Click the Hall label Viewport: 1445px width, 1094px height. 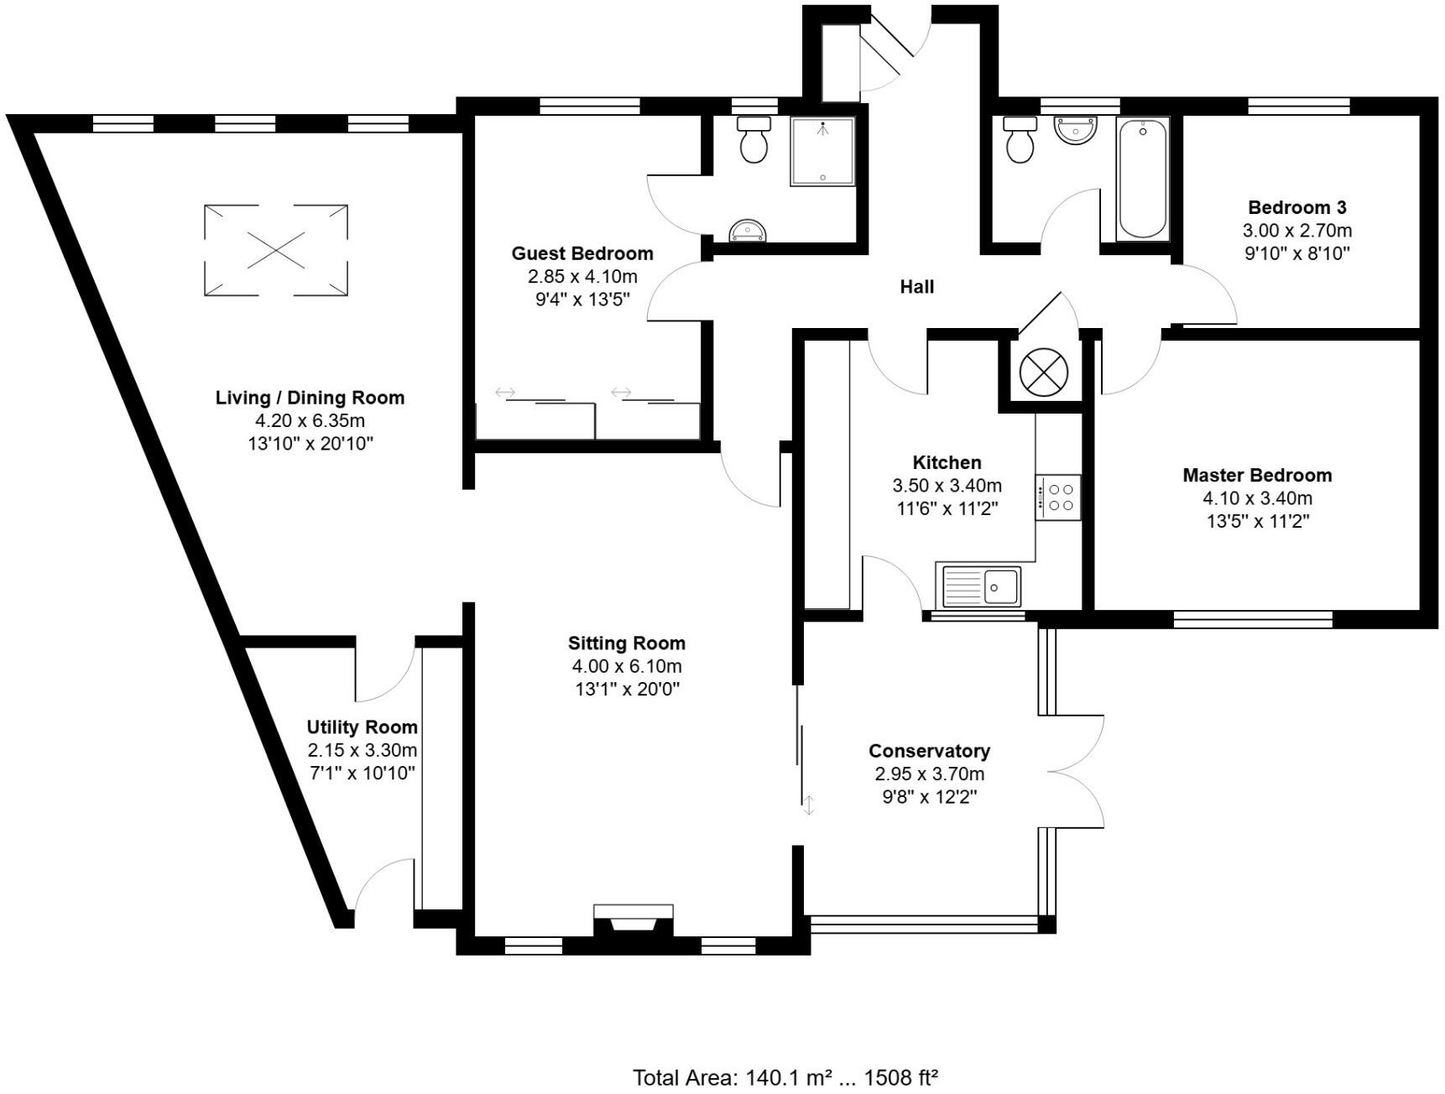(916, 287)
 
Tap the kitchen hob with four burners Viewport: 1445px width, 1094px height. (1058, 497)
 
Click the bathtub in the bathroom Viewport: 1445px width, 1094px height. (1142, 179)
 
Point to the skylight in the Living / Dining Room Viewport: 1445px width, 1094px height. (276, 249)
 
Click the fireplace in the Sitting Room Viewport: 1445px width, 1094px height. (633, 921)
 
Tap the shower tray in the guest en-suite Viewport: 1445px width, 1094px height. (822, 152)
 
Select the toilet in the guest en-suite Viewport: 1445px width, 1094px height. (754, 139)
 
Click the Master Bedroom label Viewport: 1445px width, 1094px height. (1257, 476)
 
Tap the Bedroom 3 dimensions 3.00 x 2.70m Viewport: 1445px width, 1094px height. (1296, 231)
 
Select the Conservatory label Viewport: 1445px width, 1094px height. (929, 751)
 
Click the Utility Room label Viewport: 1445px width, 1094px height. (362, 727)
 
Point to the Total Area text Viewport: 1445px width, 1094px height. (784, 1077)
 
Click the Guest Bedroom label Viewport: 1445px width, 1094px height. (582, 253)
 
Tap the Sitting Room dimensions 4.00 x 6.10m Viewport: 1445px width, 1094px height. (626, 667)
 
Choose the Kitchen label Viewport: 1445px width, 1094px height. (947, 462)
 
